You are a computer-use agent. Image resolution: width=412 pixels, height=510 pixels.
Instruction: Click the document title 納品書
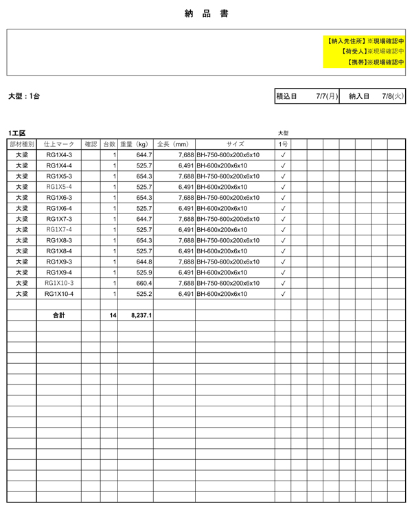(207, 14)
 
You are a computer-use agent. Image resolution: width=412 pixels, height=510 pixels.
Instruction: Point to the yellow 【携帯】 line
(376, 62)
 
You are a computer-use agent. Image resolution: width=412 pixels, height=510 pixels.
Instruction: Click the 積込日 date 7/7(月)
(327, 97)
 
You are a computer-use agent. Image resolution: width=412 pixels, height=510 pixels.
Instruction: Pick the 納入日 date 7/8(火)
(393, 97)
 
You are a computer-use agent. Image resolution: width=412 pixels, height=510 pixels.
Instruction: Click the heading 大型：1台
(23, 97)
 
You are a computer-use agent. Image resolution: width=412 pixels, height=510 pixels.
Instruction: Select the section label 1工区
(16, 133)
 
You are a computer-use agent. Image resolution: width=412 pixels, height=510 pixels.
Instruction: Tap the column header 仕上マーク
(59, 144)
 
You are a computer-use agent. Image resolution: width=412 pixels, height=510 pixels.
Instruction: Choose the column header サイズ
(235, 144)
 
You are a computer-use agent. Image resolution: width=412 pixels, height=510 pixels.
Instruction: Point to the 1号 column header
(283, 144)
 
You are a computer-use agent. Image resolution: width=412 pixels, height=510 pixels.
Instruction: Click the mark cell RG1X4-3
(59, 155)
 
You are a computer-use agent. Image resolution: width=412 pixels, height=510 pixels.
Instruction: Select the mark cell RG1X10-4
(59, 294)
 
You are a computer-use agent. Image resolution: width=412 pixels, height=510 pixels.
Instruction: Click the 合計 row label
(59, 315)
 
